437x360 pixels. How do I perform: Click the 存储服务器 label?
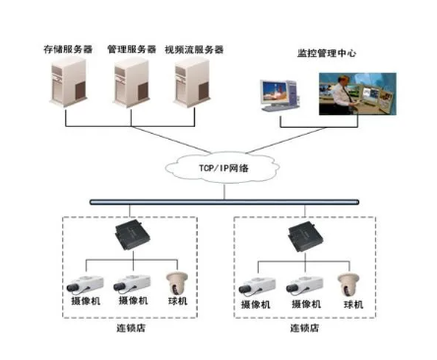click(68, 49)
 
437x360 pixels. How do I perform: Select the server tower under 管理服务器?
click(131, 83)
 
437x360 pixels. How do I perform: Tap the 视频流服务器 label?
click(194, 49)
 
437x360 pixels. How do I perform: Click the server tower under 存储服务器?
click(68, 83)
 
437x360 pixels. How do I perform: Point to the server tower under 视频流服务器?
click(192, 83)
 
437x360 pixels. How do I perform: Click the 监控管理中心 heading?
click(327, 53)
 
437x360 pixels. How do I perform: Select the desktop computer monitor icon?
click(280, 95)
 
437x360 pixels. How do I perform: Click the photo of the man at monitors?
click(357, 94)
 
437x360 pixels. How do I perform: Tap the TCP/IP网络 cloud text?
click(223, 168)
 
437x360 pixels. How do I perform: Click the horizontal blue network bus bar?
click(224, 203)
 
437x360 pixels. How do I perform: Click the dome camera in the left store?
click(177, 283)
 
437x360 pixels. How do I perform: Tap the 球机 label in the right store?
click(353, 305)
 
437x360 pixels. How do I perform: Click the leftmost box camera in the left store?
click(85, 284)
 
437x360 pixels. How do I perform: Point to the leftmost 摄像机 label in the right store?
click(256, 305)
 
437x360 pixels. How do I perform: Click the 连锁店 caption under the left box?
click(131, 328)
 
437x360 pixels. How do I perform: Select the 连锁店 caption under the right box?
click(304, 328)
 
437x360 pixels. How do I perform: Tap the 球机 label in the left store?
click(177, 301)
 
